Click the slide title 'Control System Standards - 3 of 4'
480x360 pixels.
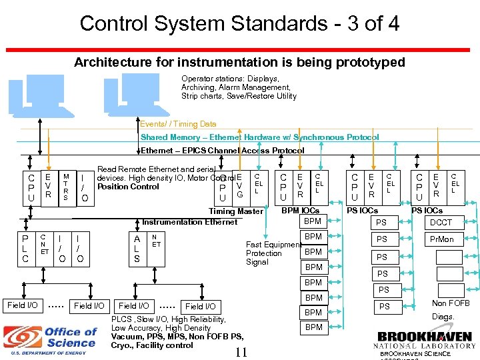(x=239, y=24)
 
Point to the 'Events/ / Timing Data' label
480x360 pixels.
(x=178, y=124)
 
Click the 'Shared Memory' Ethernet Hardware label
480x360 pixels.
(x=259, y=137)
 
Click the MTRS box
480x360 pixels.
(x=65, y=187)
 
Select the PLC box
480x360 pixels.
(x=25, y=248)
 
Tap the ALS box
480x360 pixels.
(x=137, y=248)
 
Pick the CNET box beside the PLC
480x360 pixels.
(x=43, y=244)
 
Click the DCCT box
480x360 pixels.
(x=441, y=223)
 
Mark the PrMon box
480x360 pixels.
(x=441, y=239)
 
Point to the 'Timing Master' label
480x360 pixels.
(x=236, y=211)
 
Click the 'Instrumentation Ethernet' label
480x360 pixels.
(x=189, y=222)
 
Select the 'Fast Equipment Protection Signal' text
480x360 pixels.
(x=273, y=253)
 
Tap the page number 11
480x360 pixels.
(x=241, y=352)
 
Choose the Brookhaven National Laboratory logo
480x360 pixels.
(x=425, y=340)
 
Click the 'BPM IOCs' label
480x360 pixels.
(x=300, y=211)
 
